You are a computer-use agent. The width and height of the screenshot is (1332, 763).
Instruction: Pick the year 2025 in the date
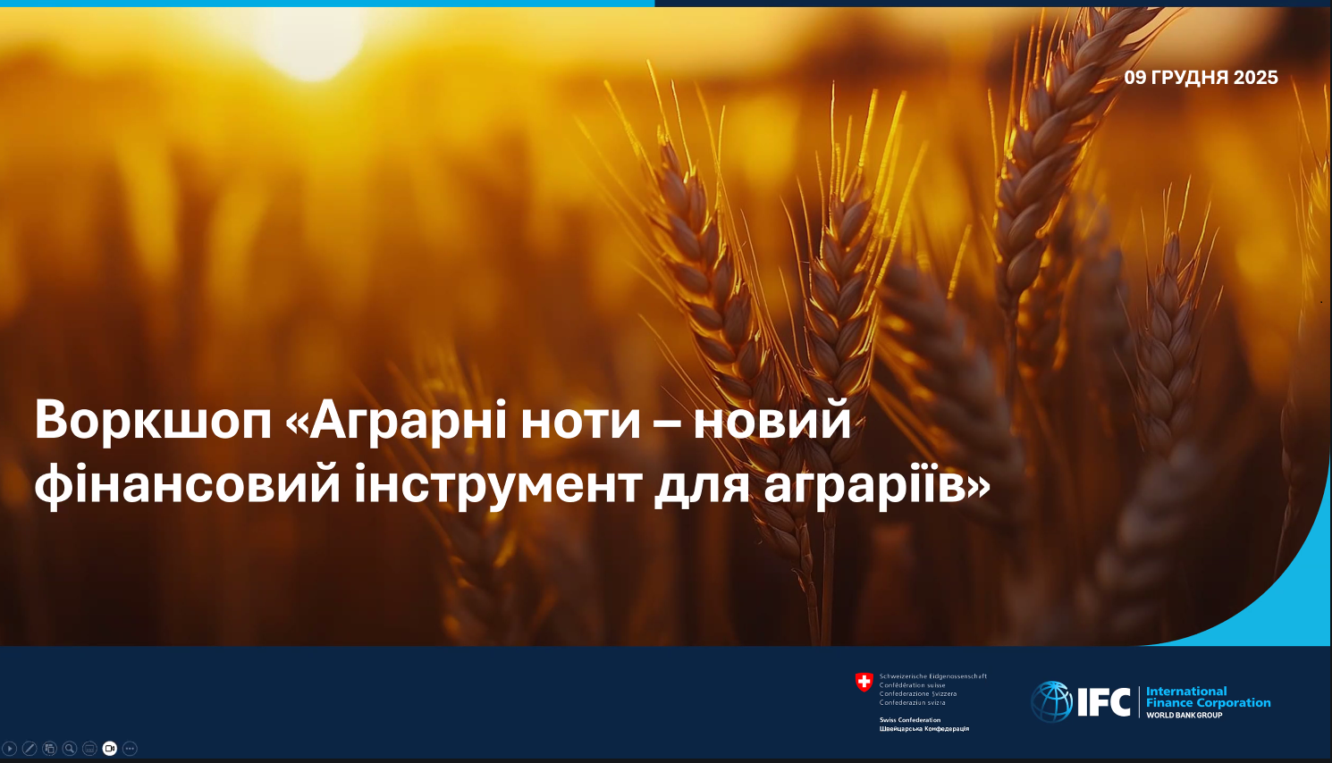coord(1255,77)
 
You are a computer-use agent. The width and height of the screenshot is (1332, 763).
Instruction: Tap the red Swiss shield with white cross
coord(864,683)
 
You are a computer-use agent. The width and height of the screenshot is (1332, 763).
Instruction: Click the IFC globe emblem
coord(1052,701)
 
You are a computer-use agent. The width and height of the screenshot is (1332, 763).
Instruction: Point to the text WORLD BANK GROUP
coord(1184,716)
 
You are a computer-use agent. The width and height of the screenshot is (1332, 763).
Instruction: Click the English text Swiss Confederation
coord(910,720)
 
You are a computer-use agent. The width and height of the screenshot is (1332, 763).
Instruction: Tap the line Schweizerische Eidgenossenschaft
coord(933,676)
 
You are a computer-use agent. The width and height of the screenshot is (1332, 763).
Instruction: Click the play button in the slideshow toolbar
coord(9,749)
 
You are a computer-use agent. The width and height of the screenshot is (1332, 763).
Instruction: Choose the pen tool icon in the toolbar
coord(30,749)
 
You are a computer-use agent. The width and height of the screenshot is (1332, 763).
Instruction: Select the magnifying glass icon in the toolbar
coord(70,749)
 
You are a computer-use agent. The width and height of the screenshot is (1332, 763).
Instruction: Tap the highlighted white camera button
coord(109,749)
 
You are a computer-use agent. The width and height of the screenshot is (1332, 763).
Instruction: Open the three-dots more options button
coord(130,749)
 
